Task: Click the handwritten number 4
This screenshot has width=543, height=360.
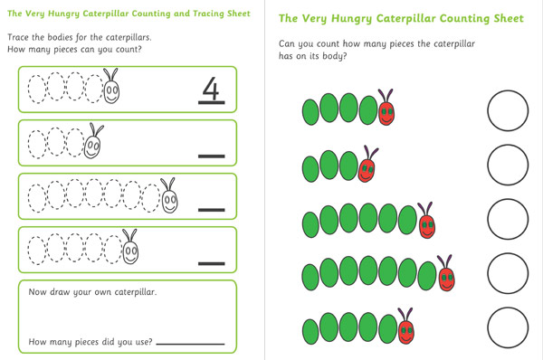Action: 211,89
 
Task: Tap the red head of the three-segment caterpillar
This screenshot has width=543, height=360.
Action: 366,170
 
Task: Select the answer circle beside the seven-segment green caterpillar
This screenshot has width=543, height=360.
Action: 508,273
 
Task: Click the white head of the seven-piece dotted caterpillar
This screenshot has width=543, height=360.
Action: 170,201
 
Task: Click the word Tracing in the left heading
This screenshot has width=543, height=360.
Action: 208,14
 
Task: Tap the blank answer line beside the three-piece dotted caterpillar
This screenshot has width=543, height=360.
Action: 211,156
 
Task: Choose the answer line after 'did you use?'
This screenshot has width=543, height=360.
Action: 190,344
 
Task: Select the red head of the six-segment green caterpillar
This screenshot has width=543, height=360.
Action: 427,226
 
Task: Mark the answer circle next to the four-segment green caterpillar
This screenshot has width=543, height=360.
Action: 508,110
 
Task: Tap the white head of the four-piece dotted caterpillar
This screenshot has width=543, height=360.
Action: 111,91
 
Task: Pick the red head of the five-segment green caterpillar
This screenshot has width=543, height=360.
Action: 406,332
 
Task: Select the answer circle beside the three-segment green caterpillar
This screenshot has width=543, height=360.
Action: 508,165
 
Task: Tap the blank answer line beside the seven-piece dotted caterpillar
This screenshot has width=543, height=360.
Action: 211,210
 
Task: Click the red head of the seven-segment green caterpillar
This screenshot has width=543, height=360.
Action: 447,279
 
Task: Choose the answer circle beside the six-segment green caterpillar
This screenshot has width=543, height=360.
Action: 508,219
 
